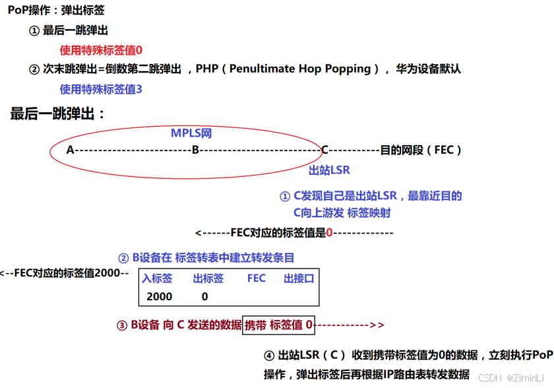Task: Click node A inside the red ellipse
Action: pyautogui.click(x=70, y=150)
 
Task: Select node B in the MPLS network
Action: pyautogui.click(x=195, y=150)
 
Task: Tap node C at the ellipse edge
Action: pyautogui.click(x=324, y=150)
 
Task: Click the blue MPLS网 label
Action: pyautogui.click(x=191, y=133)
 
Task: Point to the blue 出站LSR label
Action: pyautogui.click(x=329, y=170)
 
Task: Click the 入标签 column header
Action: pyautogui.click(x=156, y=278)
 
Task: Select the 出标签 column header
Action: pyautogui.click(x=208, y=278)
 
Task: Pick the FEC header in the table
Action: pyautogui.click(x=257, y=278)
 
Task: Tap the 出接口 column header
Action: pyautogui.click(x=299, y=278)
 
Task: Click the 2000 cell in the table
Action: pyautogui.click(x=159, y=297)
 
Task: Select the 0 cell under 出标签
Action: pyautogui.click(x=204, y=297)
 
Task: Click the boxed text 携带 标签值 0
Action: pyautogui.click(x=278, y=325)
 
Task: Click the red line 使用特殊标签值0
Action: pyautogui.click(x=101, y=49)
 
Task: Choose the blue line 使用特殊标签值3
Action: pyautogui.click(x=101, y=89)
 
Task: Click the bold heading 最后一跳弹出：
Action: pyautogui.click(x=58, y=113)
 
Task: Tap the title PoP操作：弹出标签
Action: pyautogui.click(x=56, y=11)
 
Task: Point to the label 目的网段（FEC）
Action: pyautogui.click(x=421, y=150)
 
